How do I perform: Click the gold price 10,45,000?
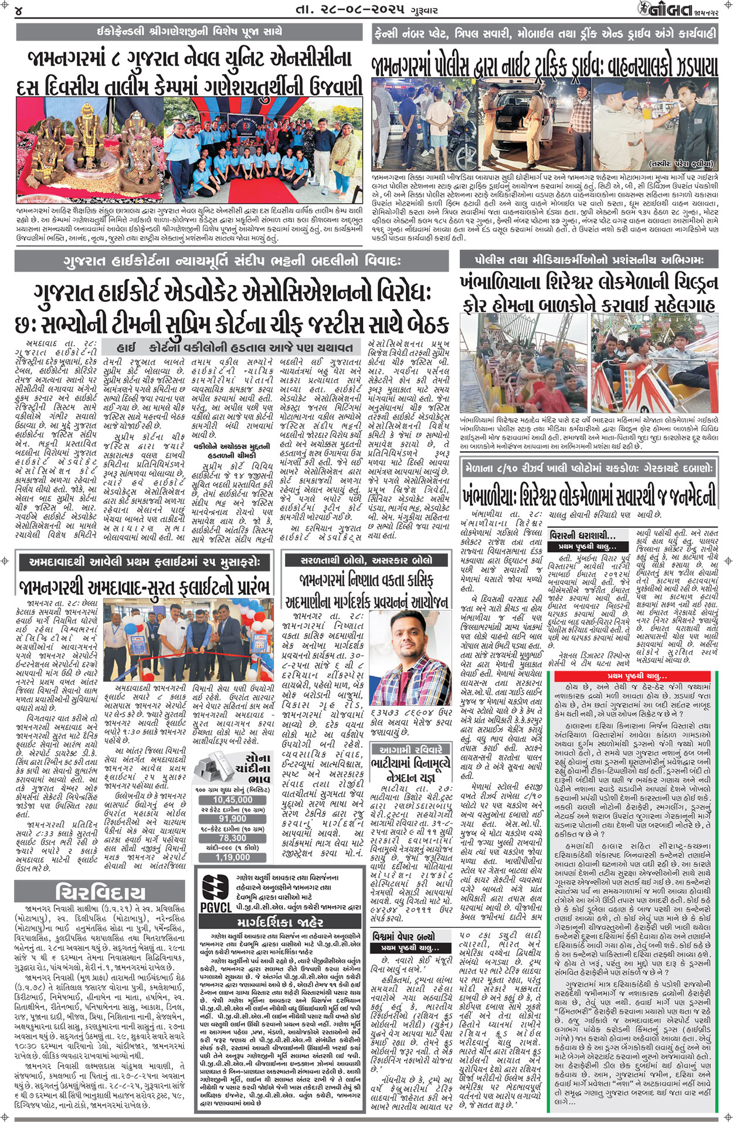232,800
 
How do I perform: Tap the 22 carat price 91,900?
232,819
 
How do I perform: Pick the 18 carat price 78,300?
232,838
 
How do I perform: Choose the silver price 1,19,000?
232,858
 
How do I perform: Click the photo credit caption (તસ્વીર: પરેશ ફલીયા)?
680,164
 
